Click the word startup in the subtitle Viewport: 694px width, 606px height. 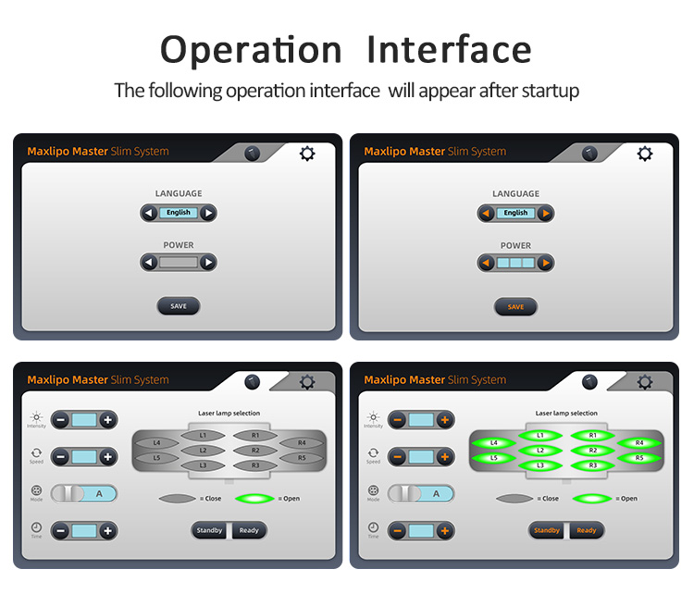(551, 92)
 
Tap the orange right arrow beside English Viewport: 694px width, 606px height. (546, 214)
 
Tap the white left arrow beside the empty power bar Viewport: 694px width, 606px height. (149, 263)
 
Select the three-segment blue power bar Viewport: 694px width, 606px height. (515, 263)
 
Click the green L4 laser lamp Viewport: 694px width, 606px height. (494, 442)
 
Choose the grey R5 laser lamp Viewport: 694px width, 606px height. (302, 458)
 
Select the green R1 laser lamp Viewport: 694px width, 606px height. (592, 436)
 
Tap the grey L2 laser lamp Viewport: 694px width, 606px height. (203, 451)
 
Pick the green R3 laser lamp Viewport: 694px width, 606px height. (592, 465)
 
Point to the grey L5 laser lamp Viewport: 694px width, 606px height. (156, 458)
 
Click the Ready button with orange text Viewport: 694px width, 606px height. (586, 530)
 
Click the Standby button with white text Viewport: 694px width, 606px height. (209, 530)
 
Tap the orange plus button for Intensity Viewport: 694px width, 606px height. (445, 420)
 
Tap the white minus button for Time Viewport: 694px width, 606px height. (61, 531)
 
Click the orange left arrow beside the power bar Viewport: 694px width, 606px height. (486, 263)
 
